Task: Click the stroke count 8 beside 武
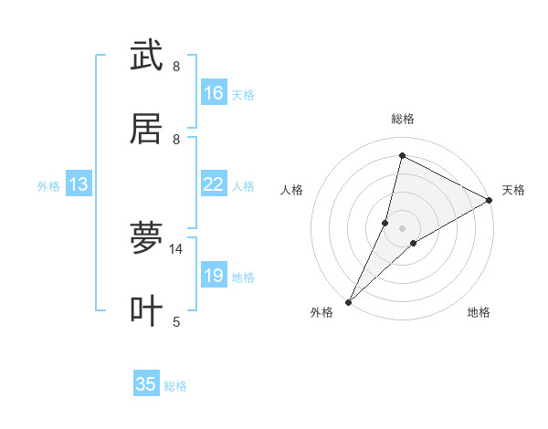pyautogui.click(x=176, y=66)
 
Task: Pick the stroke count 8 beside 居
pyautogui.click(x=176, y=139)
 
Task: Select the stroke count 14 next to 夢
pyautogui.click(x=176, y=248)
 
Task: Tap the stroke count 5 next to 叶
pyautogui.click(x=176, y=321)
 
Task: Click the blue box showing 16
pyautogui.click(x=214, y=93)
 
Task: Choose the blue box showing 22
pyautogui.click(x=214, y=184)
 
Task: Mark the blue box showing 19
pyautogui.click(x=214, y=276)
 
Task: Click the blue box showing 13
pyautogui.click(x=79, y=184)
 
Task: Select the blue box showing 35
pyautogui.click(x=146, y=384)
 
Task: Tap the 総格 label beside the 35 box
pyautogui.click(x=176, y=386)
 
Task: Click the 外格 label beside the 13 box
pyautogui.click(x=48, y=186)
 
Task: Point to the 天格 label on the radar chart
pyautogui.click(x=513, y=190)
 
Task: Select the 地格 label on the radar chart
pyautogui.click(x=479, y=312)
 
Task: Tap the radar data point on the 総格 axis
pyautogui.click(x=402, y=155)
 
